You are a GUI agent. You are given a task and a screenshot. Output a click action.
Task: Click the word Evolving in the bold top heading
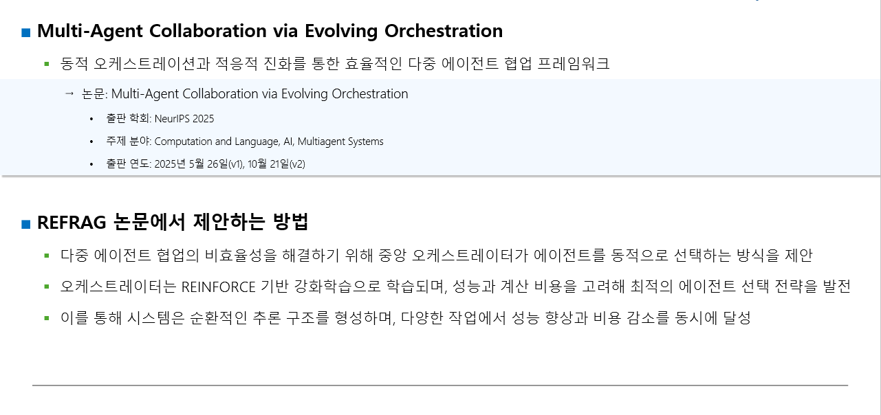pos(341,32)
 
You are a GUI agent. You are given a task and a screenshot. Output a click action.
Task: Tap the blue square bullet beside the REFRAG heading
pos(26,224)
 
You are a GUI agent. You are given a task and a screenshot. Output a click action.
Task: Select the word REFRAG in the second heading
pos(72,223)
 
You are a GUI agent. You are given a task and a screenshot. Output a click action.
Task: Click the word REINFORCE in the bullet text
pos(218,287)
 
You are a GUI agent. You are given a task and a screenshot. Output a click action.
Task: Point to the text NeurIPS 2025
pos(184,119)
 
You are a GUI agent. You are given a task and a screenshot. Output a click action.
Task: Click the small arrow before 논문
pos(69,93)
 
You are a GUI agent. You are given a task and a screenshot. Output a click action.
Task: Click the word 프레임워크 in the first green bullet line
pos(573,64)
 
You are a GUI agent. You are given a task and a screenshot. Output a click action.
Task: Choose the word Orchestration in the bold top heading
pos(444,31)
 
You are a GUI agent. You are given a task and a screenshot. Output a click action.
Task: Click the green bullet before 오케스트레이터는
pos(47,287)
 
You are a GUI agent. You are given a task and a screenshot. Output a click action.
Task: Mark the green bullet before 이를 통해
pos(47,318)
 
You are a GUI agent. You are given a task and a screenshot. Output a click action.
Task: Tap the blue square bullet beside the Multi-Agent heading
pos(26,32)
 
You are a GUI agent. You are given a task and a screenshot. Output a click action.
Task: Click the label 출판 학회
pos(128,118)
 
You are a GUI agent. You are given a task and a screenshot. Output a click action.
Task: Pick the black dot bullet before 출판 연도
pos(91,164)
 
